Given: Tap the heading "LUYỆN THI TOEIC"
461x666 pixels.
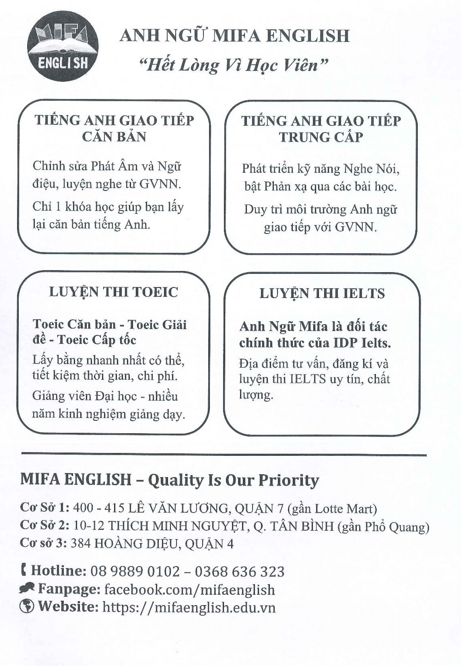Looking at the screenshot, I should [x=113, y=292].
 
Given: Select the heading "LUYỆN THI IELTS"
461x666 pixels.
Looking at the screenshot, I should [x=322, y=294].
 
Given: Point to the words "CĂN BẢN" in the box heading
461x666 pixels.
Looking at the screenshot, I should [x=114, y=137].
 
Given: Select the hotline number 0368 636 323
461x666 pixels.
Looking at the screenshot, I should [x=239, y=571].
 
